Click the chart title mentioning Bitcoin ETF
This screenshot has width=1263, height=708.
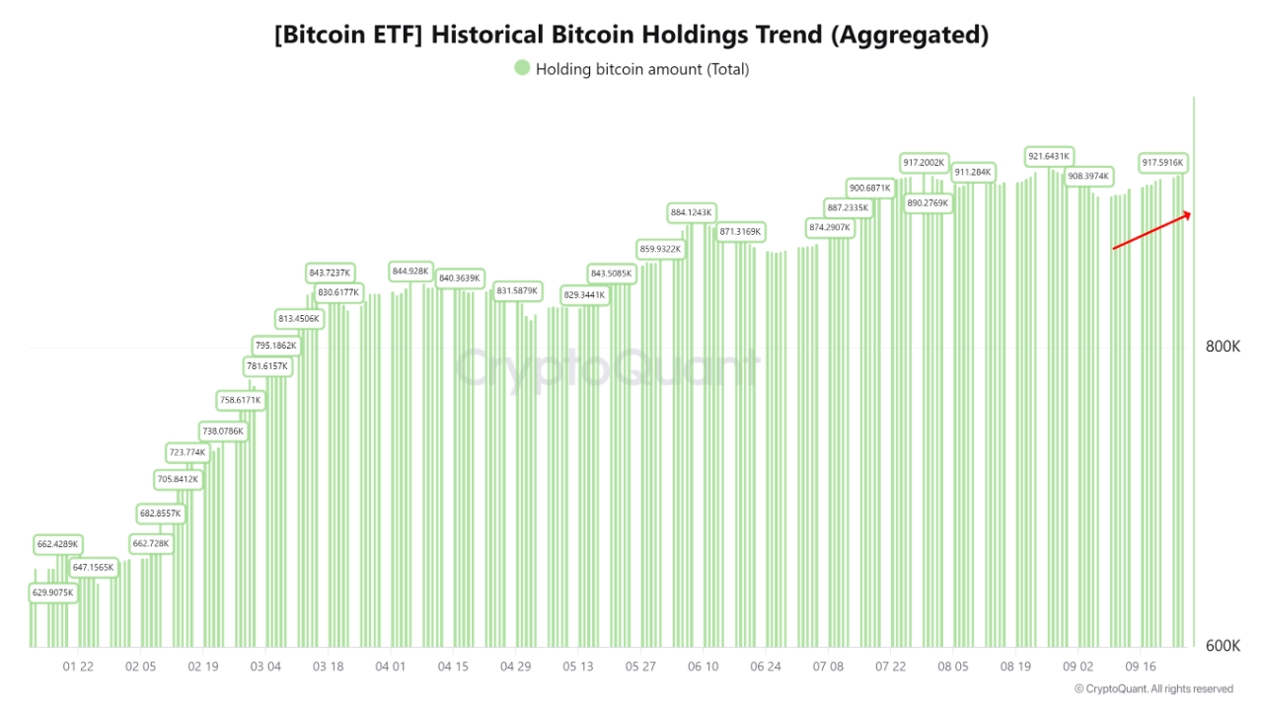click(631, 36)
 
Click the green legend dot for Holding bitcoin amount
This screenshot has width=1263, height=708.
click(522, 68)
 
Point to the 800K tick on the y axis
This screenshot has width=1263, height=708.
click(1224, 347)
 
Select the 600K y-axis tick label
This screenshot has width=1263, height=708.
click(1224, 646)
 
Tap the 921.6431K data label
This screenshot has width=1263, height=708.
click(1048, 156)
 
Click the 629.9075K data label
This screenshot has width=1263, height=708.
click(53, 592)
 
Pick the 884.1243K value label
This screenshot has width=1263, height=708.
click(691, 212)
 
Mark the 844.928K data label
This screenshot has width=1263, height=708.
click(410, 271)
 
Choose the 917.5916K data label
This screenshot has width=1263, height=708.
click(1162, 162)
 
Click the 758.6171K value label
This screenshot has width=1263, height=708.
click(240, 401)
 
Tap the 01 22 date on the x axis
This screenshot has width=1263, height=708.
click(78, 668)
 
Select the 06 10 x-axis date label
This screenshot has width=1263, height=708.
click(703, 668)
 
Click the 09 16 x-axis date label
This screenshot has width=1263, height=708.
click(1141, 668)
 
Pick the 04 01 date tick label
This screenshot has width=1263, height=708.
click(391, 668)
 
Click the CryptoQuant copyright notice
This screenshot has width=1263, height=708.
click(1153, 689)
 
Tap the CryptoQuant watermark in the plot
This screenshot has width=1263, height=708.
click(606, 368)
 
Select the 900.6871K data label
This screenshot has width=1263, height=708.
click(870, 188)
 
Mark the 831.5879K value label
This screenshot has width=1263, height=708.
click(517, 291)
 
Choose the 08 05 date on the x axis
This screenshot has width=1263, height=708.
click(953, 668)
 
